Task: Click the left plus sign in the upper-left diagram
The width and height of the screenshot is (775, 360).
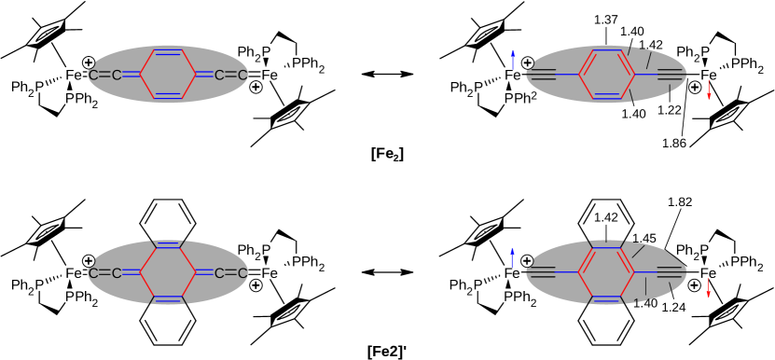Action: pos(89,62)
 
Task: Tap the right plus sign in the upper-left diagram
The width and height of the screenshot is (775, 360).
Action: pos(256,87)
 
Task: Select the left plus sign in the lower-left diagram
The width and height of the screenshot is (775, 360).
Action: pos(89,261)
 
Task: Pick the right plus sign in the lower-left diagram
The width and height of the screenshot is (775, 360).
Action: pos(256,285)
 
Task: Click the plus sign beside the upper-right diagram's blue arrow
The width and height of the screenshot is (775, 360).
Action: pos(528,62)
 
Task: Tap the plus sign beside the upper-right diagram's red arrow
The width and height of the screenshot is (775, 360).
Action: pos(695,87)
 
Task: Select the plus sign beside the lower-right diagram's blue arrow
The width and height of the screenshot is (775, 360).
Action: pos(527,261)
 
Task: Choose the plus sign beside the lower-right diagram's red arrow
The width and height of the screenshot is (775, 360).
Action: pos(695,285)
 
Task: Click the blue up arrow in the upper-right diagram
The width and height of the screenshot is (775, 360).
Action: pos(512,60)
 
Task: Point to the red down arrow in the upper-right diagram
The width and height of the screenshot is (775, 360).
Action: pos(709,90)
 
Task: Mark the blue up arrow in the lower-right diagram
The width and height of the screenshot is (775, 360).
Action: pos(512,258)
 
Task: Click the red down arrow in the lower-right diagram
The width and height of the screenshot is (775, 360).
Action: pos(709,288)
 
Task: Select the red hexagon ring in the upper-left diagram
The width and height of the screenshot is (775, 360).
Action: pos(168,75)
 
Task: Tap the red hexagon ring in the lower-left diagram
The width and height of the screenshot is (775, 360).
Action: pos(168,272)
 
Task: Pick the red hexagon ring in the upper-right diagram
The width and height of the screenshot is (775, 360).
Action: pos(606,75)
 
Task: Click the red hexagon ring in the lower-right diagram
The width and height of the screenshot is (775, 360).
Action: pos(606,272)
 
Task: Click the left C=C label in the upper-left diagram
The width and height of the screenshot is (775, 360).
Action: pos(104,75)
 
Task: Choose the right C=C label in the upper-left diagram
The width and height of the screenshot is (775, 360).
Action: pos(230,75)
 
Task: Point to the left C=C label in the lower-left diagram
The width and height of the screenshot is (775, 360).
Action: pos(104,273)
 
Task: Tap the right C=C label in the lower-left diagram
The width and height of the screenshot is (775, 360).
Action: pos(230,273)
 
